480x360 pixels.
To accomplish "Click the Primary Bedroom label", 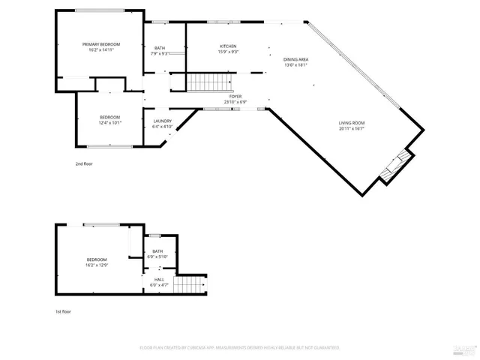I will click(101, 45).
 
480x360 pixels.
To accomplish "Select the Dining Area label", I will click(296, 59).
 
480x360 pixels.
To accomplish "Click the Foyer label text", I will click(235, 97).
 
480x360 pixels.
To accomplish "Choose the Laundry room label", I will click(163, 121).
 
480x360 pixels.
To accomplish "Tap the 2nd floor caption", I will click(84, 163).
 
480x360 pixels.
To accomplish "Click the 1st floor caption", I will click(64, 311).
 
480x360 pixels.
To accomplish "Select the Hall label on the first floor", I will click(158, 280).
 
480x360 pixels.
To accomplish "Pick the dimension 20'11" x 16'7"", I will click(351, 129).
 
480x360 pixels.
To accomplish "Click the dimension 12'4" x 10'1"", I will click(110, 123).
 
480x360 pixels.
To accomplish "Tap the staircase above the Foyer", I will click(209, 82).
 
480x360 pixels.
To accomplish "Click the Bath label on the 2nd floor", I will click(160, 48).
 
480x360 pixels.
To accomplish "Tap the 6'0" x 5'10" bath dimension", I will click(158, 257).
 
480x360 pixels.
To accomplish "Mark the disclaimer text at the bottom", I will click(240, 348).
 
